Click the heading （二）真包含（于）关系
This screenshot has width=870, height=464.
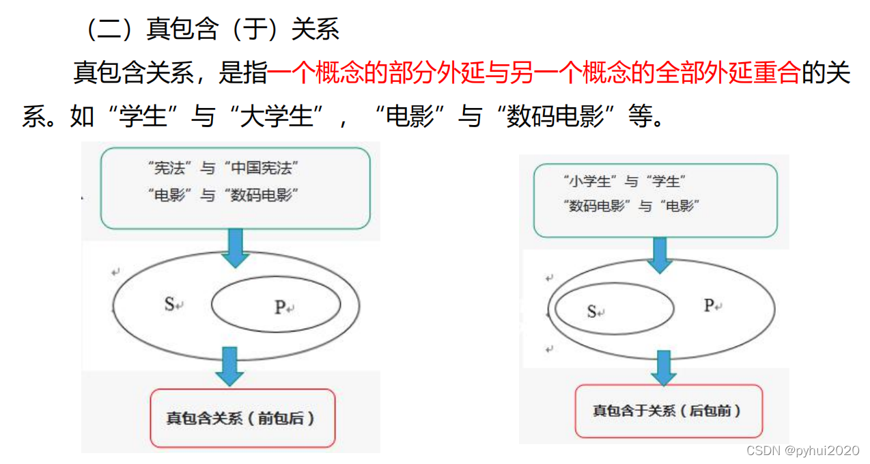[212, 29]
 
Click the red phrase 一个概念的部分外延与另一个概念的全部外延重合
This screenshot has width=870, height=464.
[533, 73]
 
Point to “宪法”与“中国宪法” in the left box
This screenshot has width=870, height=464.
[223, 167]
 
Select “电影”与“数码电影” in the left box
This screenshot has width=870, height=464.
[223, 195]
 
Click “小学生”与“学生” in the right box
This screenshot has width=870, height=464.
[624, 181]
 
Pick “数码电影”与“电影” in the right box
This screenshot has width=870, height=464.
[632, 205]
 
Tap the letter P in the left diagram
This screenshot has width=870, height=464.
[280, 308]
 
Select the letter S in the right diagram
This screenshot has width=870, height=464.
[592, 312]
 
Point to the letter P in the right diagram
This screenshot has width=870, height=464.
[709, 305]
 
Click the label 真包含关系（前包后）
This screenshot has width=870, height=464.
[241, 418]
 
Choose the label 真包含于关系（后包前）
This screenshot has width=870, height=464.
[667, 411]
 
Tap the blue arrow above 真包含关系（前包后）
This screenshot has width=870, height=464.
[229, 366]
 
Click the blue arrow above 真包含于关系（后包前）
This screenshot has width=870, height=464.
[662, 367]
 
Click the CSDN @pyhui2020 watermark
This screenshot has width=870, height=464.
[802, 450]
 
